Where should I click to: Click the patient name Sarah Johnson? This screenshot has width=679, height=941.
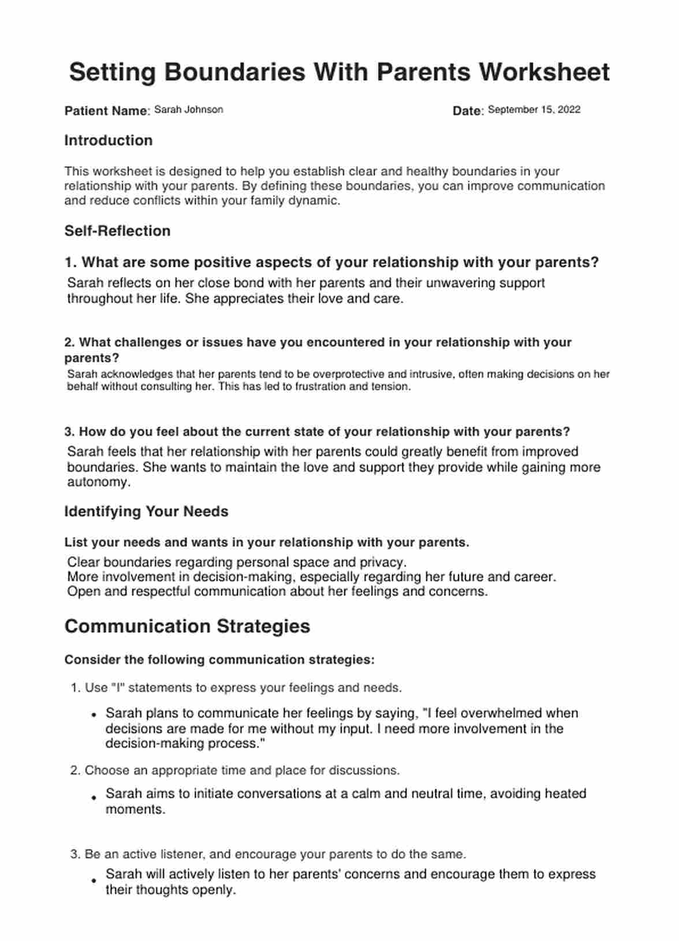click(188, 110)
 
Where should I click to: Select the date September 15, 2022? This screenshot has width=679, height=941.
click(534, 110)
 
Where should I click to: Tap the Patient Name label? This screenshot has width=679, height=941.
click(106, 111)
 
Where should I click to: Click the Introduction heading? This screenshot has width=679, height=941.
click(109, 140)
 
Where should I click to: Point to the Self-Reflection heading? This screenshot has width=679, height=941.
click(117, 231)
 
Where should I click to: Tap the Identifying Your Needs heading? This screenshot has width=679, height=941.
click(146, 511)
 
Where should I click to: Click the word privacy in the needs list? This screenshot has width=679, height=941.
click(382, 562)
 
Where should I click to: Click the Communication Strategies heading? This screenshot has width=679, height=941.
click(187, 626)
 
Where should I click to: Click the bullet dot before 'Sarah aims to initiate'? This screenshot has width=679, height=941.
click(93, 797)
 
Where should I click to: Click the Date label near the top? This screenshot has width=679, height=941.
click(467, 111)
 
